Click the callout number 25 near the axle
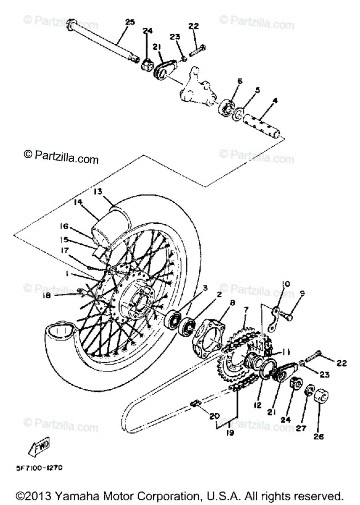[x=130, y=21]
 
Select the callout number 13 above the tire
[x=98, y=191]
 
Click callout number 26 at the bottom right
[x=318, y=437]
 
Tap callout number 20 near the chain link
[x=214, y=416]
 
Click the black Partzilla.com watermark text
[x=61, y=159]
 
